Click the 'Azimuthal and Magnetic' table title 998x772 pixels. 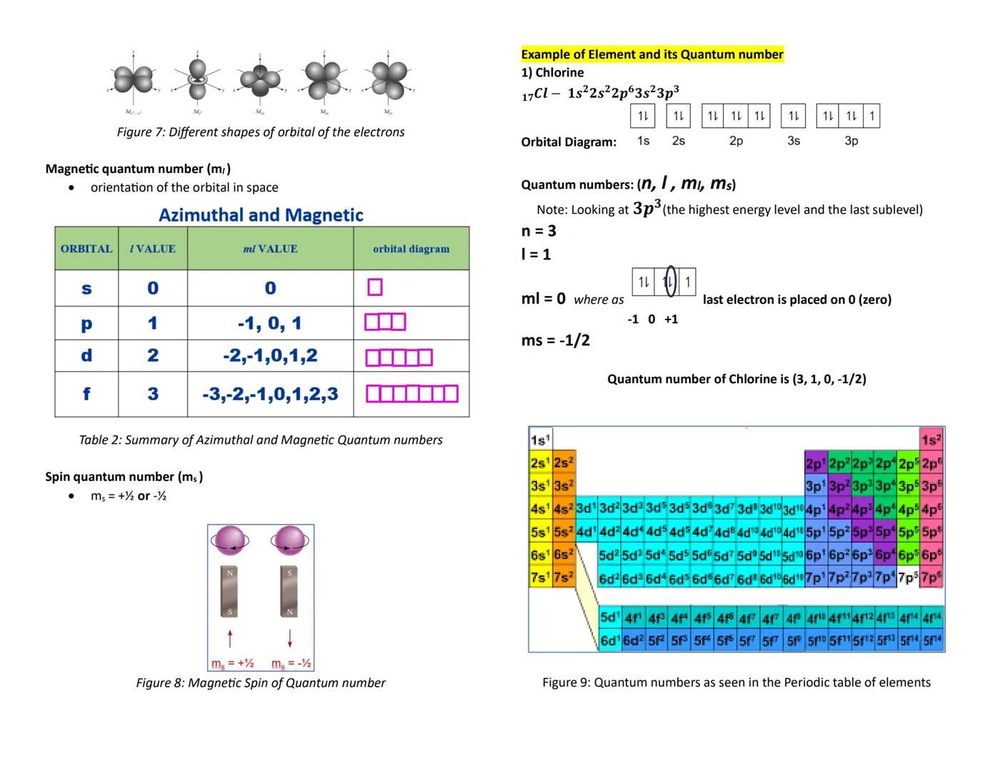click(x=261, y=215)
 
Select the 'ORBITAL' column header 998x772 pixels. click(x=86, y=249)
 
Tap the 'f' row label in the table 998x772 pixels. click(x=86, y=394)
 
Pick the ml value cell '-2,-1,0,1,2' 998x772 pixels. click(x=270, y=356)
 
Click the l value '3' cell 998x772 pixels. click(x=153, y=394)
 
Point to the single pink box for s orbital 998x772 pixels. click(x=375, y=287)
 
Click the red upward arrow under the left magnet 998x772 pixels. click(x=230, y=638)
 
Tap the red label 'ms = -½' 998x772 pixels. click(x=291, y=663)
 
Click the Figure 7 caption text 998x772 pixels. click(x=261, y=132)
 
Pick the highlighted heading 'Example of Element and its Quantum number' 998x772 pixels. click(x=652, y=54)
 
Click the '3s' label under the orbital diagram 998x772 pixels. click(x=794, y=141)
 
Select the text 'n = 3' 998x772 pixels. click(x=539, y=231)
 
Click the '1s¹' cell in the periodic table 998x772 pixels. click(x=540, y=439)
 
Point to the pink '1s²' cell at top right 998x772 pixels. click(x=932, y=440)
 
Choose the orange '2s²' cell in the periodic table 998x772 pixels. click(x=564, y=462)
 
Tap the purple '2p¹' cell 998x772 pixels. click(x=816, y=462)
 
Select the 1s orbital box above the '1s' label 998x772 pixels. click(x=643, y=116)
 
